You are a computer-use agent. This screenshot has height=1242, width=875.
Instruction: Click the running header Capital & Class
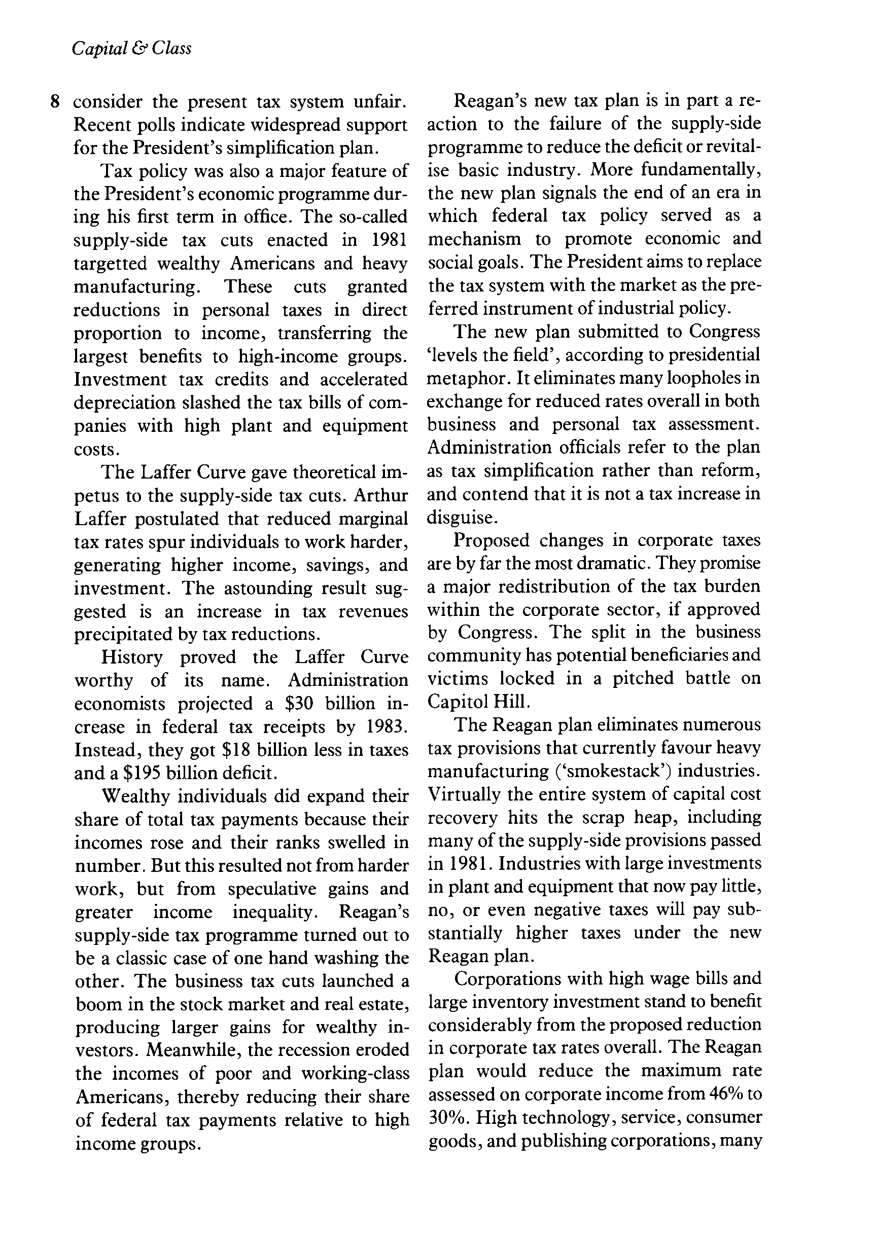click(131, 49)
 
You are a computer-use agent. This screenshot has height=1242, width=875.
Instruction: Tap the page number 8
click(55, 102)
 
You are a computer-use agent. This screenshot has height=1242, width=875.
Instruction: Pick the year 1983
click(387, 727)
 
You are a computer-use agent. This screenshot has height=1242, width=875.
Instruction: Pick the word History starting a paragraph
click(131, 658)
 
